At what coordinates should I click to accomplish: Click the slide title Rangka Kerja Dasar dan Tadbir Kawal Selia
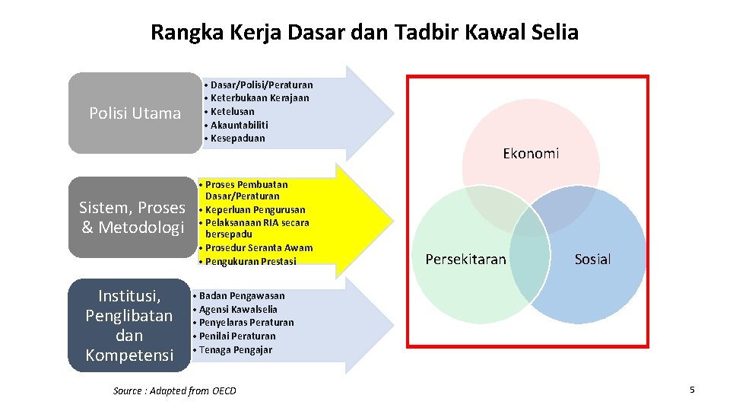click(x=364, y=33)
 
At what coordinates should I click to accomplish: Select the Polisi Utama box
click(x=135, y=113)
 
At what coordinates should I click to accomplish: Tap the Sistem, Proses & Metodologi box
click(x=132, y=218)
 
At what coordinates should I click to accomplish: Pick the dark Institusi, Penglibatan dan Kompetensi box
click(x=129, y=325)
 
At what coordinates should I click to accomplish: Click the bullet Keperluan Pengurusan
click(x=254, y=209)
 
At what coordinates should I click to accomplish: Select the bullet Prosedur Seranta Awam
click(x=258, y=248)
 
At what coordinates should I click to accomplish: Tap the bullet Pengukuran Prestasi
click(x=250, y=261)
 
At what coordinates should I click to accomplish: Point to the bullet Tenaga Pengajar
click(x=235, y=349)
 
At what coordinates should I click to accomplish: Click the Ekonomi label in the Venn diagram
click(x=531, y=154)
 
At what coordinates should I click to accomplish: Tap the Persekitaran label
click(x=465, y=260)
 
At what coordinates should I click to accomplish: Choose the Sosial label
click(x=592, y=260)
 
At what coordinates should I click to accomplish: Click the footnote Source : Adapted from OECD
click(x=175, y=390)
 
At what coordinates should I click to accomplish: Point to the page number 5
click(x=692, y=390)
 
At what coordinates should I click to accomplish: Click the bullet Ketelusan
click(x=232, y=111)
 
